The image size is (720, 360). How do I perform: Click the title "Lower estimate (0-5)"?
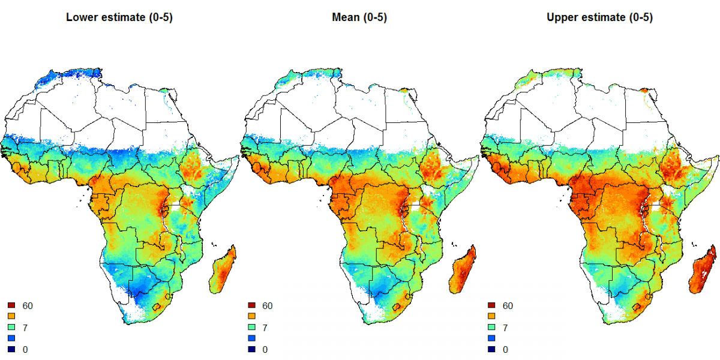pyautogui.click(x=119, y=17)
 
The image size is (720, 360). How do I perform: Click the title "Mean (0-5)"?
pyautogui.click(x=359, y=17)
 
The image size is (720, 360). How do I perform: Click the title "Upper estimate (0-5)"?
pyautogui.click(x=599, y=17)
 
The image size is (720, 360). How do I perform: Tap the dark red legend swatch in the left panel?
pyautogui.click(x=11, y=306)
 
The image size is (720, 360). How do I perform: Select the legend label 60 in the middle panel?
pyautogui.click(x=268, y=306)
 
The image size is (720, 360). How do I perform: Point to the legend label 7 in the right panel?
pyautogui.click(x=505, y=328)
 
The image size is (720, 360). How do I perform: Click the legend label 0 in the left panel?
pyautogui.click(x=25, y=349)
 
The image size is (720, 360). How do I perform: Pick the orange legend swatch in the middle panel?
pyautogui.click(x=251, y=317)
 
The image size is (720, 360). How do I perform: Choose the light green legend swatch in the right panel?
pyautogui.click(x=491, y=328)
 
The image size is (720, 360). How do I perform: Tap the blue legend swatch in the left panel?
pyautogui.click(x=11, y=338)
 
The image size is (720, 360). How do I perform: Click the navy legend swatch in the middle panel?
pyautogui.click(x=251, y=349)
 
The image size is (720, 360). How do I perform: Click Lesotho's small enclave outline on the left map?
pyautogui.click(x=158, y=307)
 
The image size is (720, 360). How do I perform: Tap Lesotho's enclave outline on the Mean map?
pyautogui.click(x=398, y=307)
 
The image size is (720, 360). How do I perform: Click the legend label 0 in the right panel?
pyautogui.click(x=505, y=349)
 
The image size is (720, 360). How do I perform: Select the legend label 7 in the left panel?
pyautogui.click(x=25, y=328)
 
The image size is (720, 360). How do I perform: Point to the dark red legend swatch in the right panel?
pyautogui.click(x=491, y=306)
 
